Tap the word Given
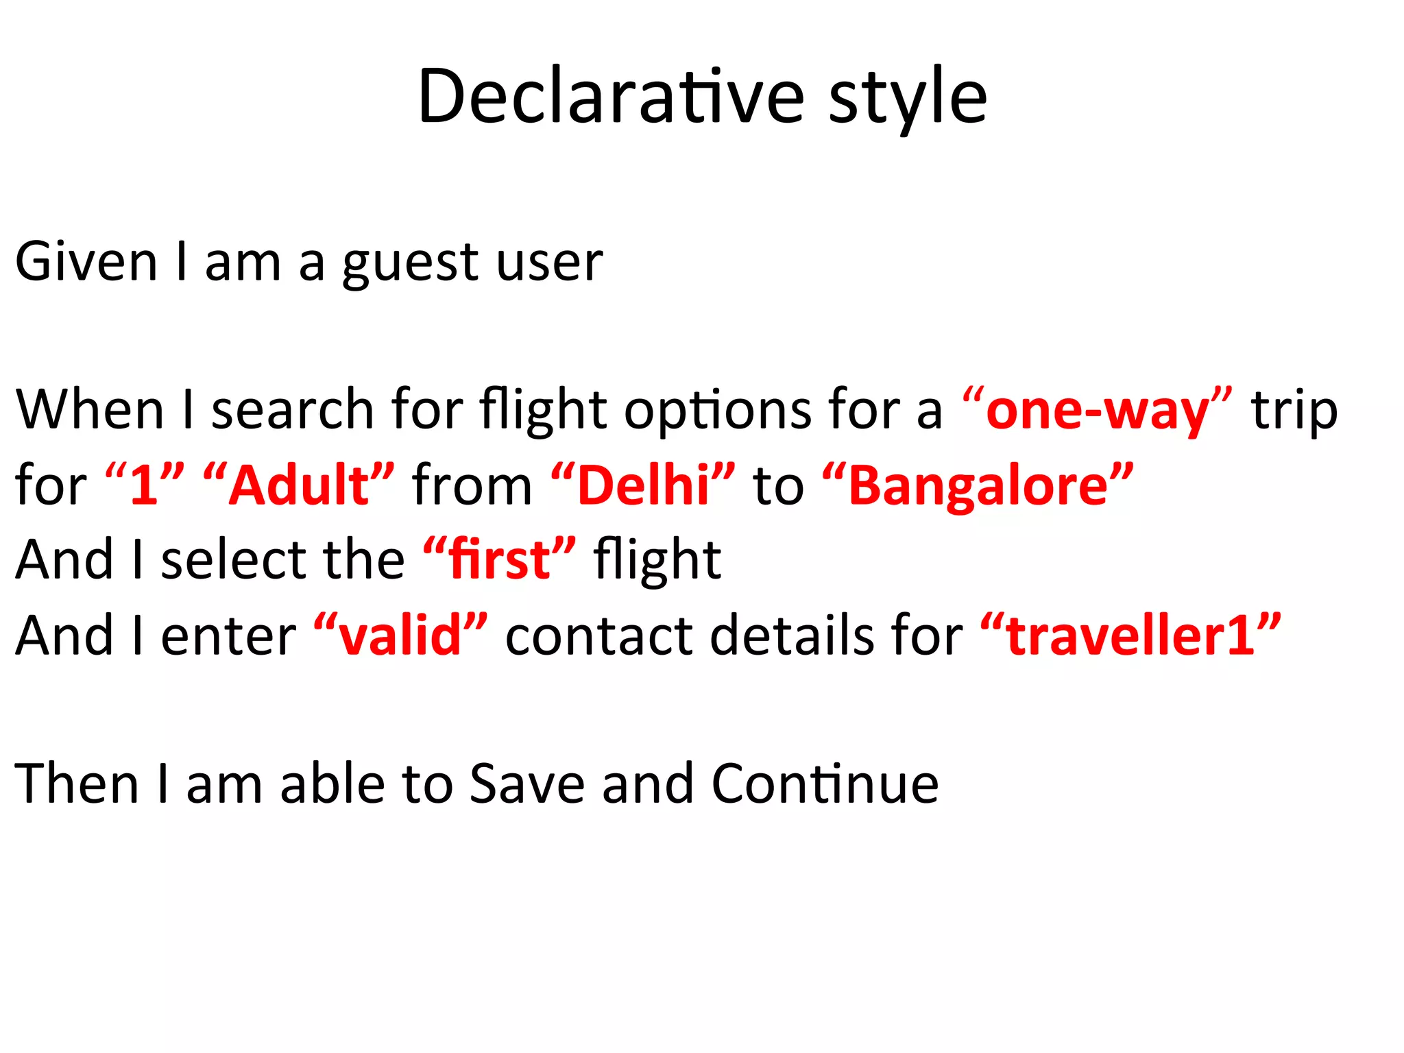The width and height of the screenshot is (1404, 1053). pyautogui.click(x=86, y=262)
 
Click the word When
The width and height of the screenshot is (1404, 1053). pyautogui.click(x=90, y=409)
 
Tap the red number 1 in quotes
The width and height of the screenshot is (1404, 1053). pyautogui.click(x=145, y=485)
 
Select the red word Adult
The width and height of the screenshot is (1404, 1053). pyautogui.click(x=299, y=485)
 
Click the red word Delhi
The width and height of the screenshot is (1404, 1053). pyautogui.click(x=642, y=485)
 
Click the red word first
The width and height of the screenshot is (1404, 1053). pyautogui.click(x=499, y=559)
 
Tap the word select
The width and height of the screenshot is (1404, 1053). pyautogui.click(x=233, y=559)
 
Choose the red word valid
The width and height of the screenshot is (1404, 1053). pyautogui.click(x=400, y=635)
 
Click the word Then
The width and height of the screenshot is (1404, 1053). pyautogui.click(x=77, y=783)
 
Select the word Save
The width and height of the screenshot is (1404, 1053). pyautogui.click(x=526, y=783)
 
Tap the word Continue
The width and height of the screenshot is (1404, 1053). pyautogui.click(x=825, y=783)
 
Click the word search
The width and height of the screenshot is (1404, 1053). pyautogui.click(x=292, y=409)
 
